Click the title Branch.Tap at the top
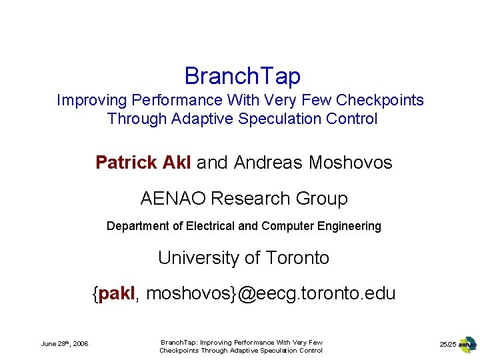click(243, 76)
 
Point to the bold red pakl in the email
click(117, 293)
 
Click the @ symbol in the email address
click(247, 293)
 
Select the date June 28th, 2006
click(65, 344)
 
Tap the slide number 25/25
click(447, 344)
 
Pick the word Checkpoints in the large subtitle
click(380, 101)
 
